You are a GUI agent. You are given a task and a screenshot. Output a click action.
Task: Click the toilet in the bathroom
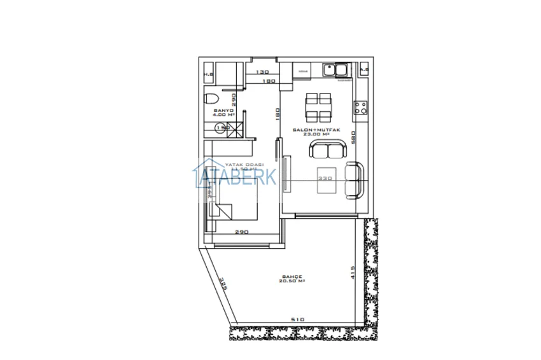209,99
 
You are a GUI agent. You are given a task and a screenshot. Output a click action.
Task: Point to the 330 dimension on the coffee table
326,178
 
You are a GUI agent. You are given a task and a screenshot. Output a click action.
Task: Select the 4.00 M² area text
223,115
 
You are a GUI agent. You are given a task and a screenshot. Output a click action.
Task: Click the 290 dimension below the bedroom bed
241,232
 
